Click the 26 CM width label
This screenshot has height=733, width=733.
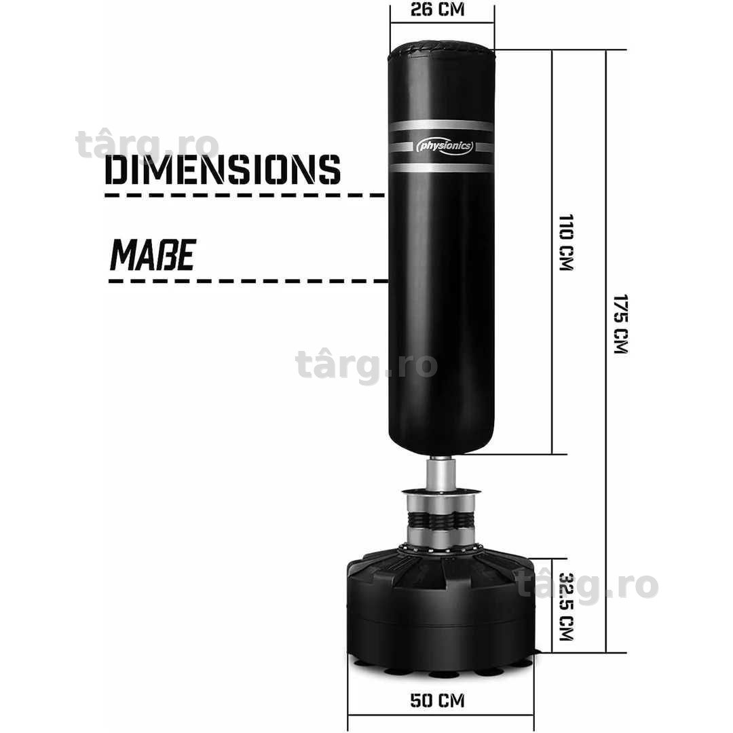pyautogui.click(x=437, y=10)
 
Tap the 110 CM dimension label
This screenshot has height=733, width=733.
pyautogui.click(x=565, y=242)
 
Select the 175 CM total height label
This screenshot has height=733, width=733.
pyautogui.click(x=621, y=324)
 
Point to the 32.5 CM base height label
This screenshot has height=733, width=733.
pyautogui.click(x=566, y=606)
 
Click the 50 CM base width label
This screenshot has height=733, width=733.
pyautogui.click(x=437, y=700)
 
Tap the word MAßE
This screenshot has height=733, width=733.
pyautogui.click(x=153, y=255)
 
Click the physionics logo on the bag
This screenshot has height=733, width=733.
pyautogui.click(x=445, y=147)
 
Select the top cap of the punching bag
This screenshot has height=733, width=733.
pyautogui.click(x=441, y=48)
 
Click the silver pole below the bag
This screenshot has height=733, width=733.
pyautogui.click(x=440, y=475)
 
